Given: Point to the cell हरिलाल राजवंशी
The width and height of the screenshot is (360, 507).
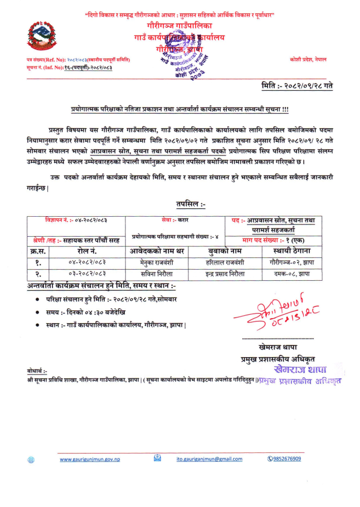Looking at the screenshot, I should tap(225, 261).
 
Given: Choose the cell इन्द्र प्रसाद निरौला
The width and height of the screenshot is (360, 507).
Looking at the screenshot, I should tap(225, 273).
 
